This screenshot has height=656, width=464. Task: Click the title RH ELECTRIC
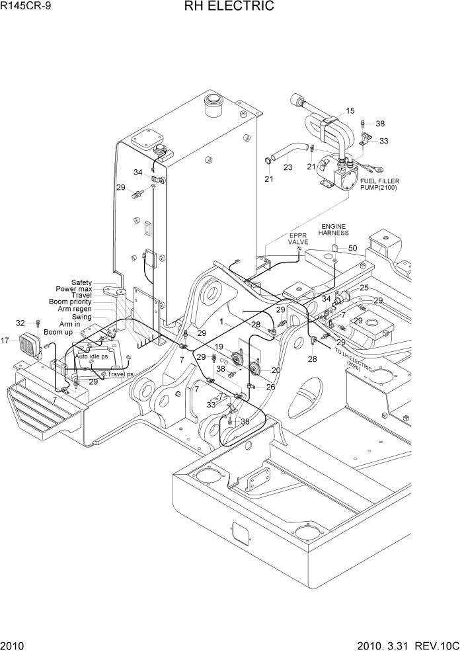tap(231, 7)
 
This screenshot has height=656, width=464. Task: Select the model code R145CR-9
tap(26, 7)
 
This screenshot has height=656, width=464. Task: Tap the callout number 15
tap(350, 111)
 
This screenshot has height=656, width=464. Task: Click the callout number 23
tap(288, 167)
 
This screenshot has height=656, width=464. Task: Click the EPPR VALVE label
tap(298, 239)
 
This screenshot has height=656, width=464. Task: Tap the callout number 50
tap(352, 248)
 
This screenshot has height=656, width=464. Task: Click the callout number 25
tap(364, 288)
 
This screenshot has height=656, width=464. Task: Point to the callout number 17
tap(5, 341)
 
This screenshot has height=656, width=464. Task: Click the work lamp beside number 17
tap(30, 345)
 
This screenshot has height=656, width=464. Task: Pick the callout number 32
tap(20, 323)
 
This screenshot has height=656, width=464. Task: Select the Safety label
tap(81, 282)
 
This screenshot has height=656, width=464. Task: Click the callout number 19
tap(218, 347)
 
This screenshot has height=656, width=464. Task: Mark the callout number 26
tap(270, 388)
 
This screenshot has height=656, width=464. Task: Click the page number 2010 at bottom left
tap(11, 647)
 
